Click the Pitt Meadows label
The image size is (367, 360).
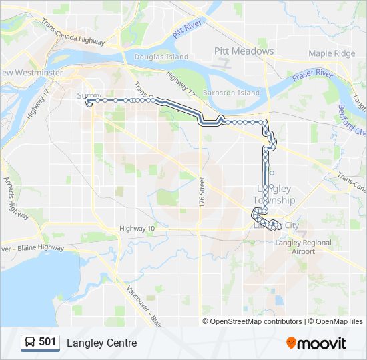point(244,51)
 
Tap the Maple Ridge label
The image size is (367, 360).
point(331,53)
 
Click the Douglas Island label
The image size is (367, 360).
point(161,57)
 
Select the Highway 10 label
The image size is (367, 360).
point(137,229)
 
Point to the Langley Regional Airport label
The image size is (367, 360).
point(303,247)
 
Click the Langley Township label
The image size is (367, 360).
point(274,195)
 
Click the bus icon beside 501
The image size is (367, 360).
point(30,343)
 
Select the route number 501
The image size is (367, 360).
point(48,343)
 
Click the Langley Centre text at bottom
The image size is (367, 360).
point(101,343)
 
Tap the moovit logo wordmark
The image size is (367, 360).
point(323,343)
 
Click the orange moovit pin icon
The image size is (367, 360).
point(291,343)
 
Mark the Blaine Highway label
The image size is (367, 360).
point(33,247)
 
